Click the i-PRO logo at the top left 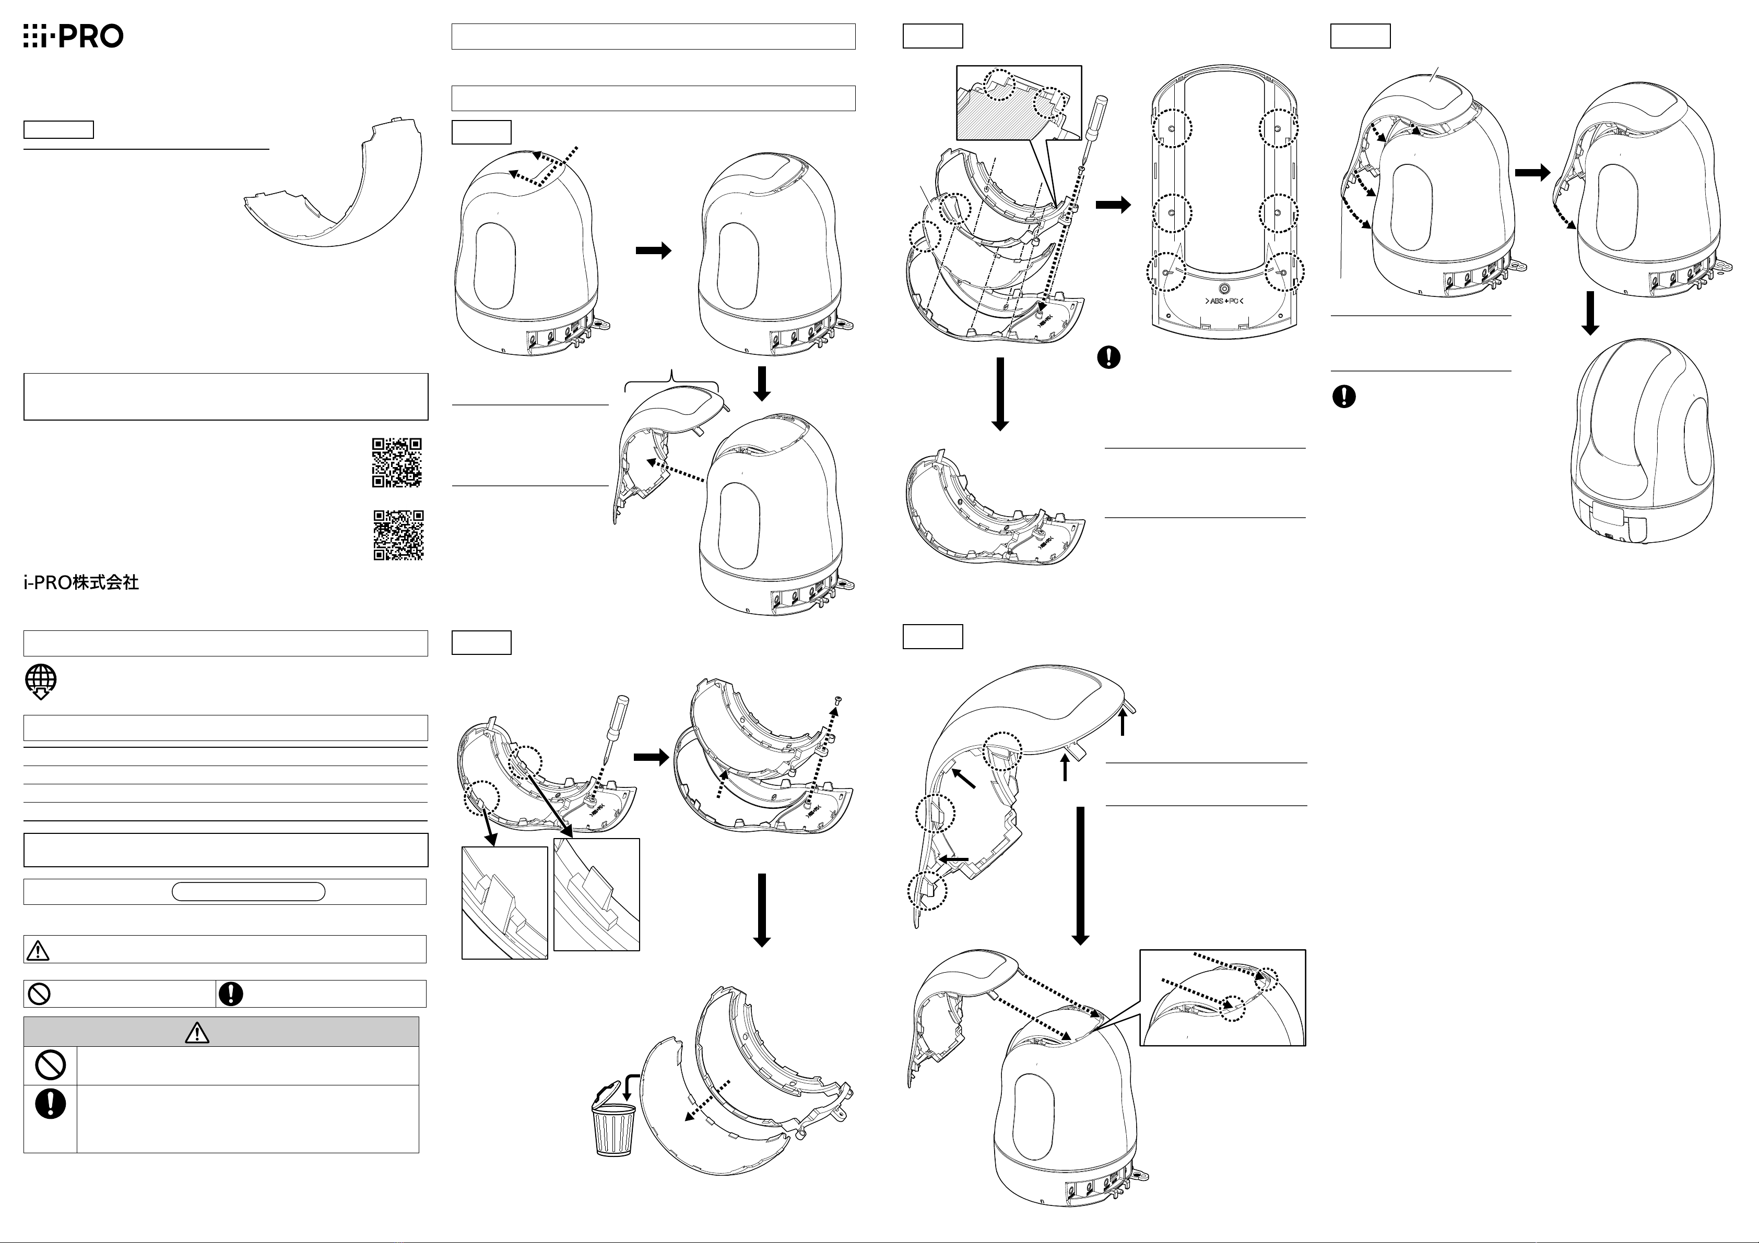pos(73,36)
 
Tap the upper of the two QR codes pos(397,462)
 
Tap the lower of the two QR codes pos(398,535)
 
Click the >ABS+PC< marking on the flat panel pos(1223,302)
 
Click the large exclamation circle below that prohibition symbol pos(51,1104)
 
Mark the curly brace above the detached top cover pos(672,378)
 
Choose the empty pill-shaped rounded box pos(248,891)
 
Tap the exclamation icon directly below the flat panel pos(1108,357)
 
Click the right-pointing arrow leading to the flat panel pos(1113,205)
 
